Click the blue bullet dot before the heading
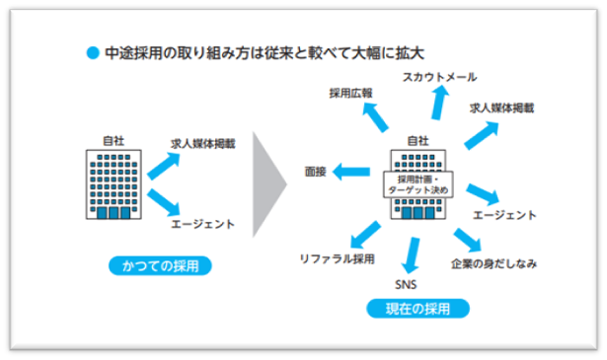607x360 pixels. [x=93, y=50]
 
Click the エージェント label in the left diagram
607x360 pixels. [x=203, y=224]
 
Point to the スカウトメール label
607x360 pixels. [x=439, y=76]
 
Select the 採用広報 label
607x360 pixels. [x=351, y=92]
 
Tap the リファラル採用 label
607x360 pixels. [x=337, y=258]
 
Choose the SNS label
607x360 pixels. [x=407, y=285]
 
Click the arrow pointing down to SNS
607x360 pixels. [x=412, y=256]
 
